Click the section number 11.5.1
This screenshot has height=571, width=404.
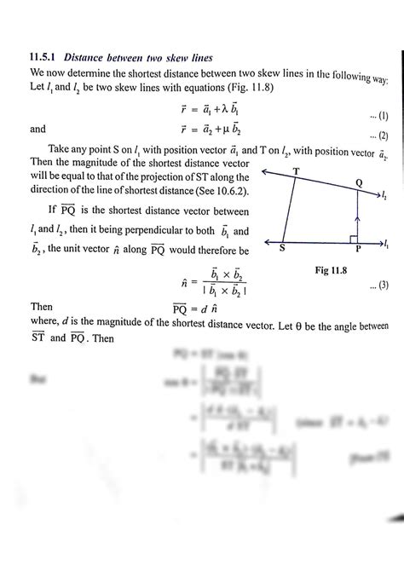click(45, 57)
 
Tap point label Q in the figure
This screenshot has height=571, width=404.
click(358, 183)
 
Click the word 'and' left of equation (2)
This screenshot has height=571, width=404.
click(39, 130)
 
